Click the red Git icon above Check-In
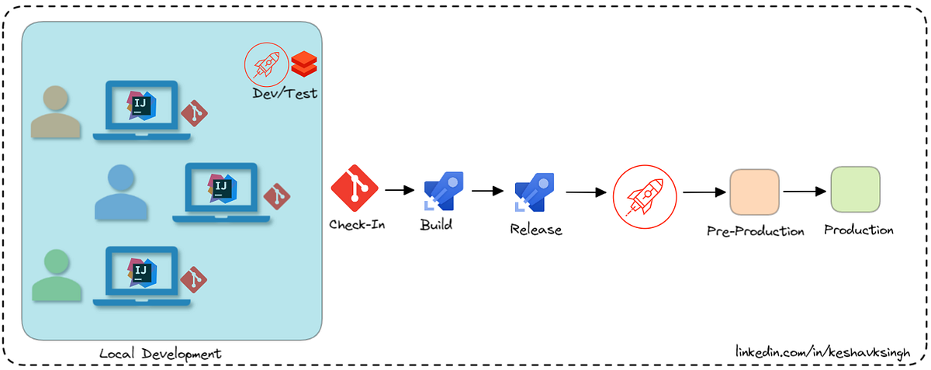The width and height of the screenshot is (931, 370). [x=354, y=188]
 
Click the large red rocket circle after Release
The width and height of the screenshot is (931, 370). [x=644, y=193]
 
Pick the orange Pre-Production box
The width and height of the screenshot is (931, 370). [x=754, y=192]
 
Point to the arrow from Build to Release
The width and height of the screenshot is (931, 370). [x=489, y=190]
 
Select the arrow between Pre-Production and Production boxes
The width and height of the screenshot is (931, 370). [x=804, y=191]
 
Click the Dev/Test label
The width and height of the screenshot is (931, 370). [x=285, y=93]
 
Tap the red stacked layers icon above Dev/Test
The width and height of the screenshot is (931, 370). [x=304, y=64]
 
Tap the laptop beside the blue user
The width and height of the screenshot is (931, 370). [x=221, y=192]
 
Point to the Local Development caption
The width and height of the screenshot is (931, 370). [x=161, y=354]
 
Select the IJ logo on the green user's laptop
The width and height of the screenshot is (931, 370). [x=141, y=270]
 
